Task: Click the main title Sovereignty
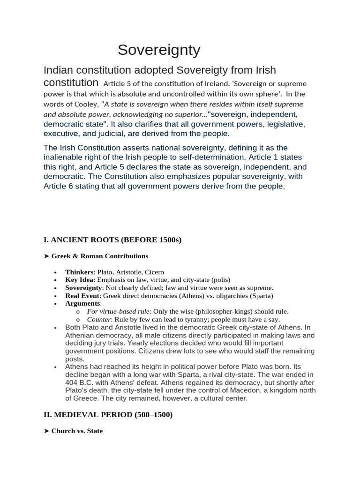click(x=159, y=50)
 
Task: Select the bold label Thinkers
click(x=80, y=272)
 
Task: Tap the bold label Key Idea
click(x=80, y=280)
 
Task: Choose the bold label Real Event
click(x=82, y=296)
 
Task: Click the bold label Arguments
click(x=83, y=304)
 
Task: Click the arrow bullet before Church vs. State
click(x=46, y=431)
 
